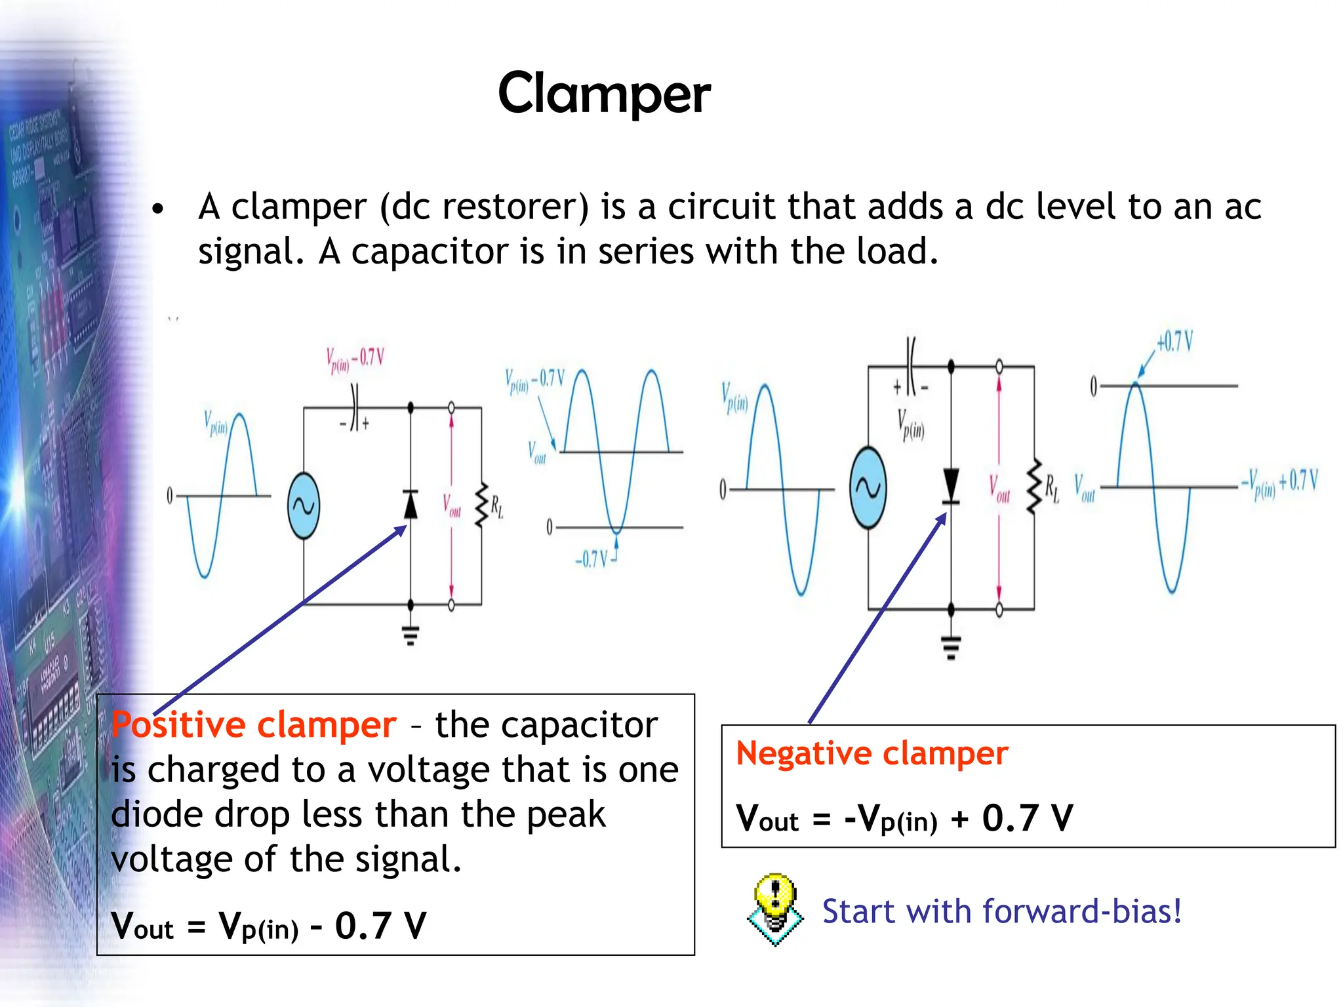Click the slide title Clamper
604,94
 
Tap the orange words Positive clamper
254,725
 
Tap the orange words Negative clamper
872,753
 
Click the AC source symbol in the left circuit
304,505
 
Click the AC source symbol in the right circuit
868,488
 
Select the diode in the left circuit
411,504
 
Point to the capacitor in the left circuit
355,408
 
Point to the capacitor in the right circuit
911,366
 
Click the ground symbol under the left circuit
411,635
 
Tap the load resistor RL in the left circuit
482,505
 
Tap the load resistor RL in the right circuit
1035,486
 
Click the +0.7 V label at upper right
1174,342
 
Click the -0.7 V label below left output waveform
592,559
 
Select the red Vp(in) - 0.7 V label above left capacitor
355,359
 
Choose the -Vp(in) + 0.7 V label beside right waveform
1279,483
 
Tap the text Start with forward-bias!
1001,912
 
